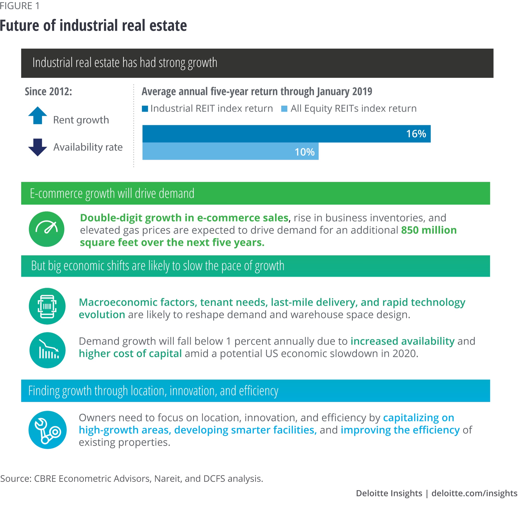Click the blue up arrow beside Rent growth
click(x=38, y=116)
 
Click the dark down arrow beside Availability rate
click(x=38, y=147)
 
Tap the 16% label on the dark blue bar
click(x=416, y=134)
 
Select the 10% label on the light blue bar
click(x=304, y=152)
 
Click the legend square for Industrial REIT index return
click(x=145, y=109)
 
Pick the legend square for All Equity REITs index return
click(x=284, y=109)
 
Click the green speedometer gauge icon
click(x=47, y=229)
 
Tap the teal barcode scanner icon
click(x=47, y=306)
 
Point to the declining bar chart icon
click(x=47, y=350)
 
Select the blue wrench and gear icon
click(x=47, y=430)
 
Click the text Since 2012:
click(x=48, y=92)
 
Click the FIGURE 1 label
click(x=20, y=6)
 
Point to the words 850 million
click(x=429, y=230)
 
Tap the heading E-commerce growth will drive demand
click(x=112, y=193)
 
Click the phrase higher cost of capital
click(x=130, y=353)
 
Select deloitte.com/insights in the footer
click(x=474, y=493)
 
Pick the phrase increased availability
click(x=402, y=341)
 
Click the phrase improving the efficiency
click(x=400, y=430)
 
